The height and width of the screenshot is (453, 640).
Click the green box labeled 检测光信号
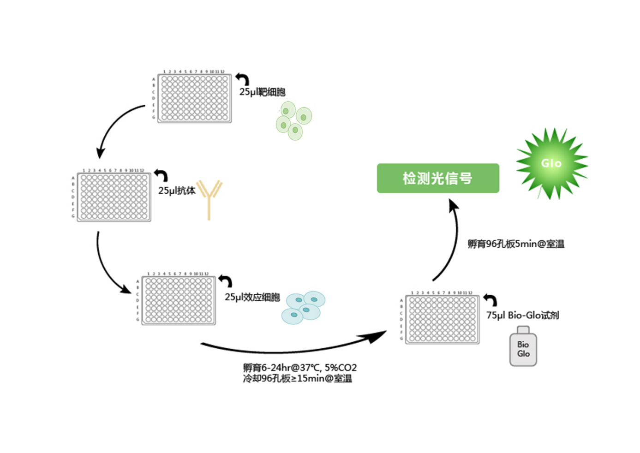[437, 178]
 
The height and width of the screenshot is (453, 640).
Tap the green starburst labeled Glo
[551, 163]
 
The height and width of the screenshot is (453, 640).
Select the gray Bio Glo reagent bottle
[523, 347]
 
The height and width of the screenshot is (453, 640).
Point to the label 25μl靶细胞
[262, 92]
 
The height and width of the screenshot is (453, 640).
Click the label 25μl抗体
[177, 191]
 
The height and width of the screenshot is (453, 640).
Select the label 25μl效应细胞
[252, 297]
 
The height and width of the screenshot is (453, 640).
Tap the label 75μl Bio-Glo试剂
[522, 315]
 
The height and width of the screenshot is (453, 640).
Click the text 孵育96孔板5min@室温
[515, 244]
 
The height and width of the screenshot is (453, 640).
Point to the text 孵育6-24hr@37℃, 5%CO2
[300, 368]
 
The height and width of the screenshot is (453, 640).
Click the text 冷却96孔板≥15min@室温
[298, 378]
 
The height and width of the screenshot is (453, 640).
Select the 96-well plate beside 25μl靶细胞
[194, 98]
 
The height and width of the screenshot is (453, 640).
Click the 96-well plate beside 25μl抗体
[114, 197]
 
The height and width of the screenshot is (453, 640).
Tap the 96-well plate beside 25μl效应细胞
[178, 300]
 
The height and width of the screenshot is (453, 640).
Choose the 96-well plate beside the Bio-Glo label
[442, 319]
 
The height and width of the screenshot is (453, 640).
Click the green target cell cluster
[294, 121]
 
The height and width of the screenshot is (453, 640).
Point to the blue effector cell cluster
[303, 307]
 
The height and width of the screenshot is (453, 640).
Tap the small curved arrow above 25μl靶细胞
[243, 79]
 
